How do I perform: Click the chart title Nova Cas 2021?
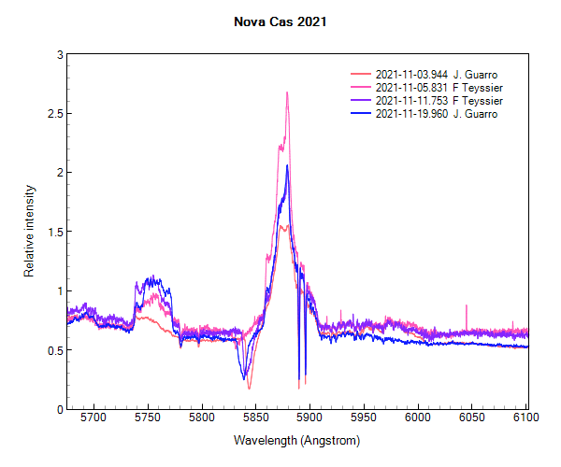click(280, 18)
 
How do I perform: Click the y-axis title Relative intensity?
click(29, 232)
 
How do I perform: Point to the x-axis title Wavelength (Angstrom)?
click(296, 440)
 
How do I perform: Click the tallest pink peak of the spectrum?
click(287, 92)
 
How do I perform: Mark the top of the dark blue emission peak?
click(287, 166)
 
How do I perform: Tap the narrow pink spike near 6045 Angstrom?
click(467, 306)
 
